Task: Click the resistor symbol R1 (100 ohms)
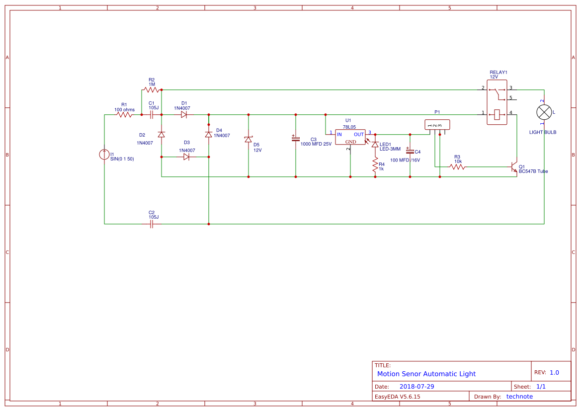coord(124,115)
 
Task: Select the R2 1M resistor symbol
coord(151,90)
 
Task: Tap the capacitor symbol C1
coord(152,115)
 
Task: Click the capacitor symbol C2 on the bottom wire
coord(152,224)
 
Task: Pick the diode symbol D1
coord(184,115)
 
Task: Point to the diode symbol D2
coord(162,135)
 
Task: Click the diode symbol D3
coord(186,157)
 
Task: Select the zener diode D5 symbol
coord(249,140)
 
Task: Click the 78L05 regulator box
coord(350,137)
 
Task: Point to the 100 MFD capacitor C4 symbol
coord(410,151)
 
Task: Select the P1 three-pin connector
coord(437,124)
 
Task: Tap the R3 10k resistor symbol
coord(457,167)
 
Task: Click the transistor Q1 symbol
coord(514,167)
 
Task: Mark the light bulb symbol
coord(544,112)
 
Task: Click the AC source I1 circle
coord(104,155)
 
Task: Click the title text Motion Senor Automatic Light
coord(426,374)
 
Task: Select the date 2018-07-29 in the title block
coord(416,386)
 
